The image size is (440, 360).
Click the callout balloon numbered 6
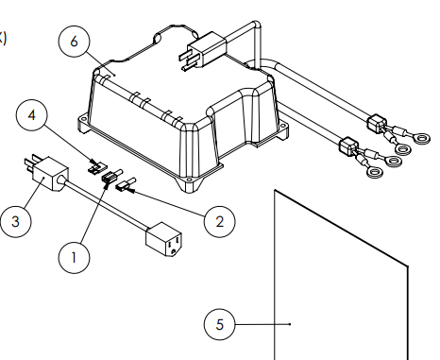pos(74,42)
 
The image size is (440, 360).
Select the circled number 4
pos(32,115)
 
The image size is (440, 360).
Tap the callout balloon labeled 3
pos(15,221)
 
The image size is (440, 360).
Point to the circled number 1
pos(74,258)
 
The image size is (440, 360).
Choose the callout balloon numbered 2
pos(219,222)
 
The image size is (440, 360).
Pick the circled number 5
pos(219,324)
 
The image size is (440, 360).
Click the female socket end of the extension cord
pos(164,239)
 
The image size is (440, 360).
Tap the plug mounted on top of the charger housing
pos(203,50)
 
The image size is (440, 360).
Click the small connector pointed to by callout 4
pos(97,166)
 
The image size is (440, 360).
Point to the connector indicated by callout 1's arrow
pos(111,176)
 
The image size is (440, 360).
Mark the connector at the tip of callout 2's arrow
pos(126,184)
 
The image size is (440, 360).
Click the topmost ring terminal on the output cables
pos(421,138)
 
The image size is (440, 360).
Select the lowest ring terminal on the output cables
pos(374,172)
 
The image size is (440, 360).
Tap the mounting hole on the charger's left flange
pos(83,120)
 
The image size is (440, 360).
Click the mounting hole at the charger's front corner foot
pos(189,180)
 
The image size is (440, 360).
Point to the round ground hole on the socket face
pos(174,251)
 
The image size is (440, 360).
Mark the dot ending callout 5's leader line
pos(290,324)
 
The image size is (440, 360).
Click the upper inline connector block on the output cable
pos(377,124)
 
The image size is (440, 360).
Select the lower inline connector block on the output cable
pos(348,146)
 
